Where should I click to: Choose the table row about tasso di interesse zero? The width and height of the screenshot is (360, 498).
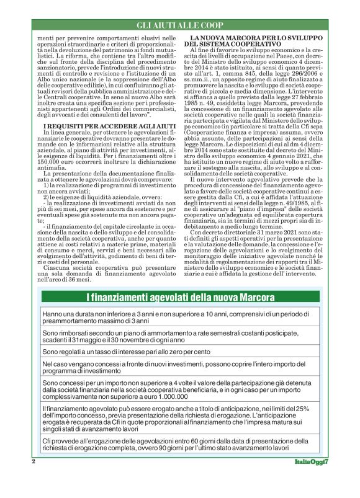click(x=179, y=352)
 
